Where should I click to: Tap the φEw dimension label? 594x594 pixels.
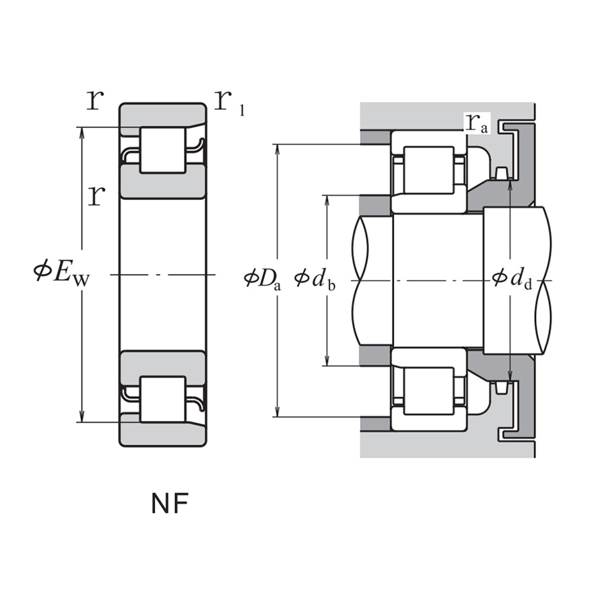[61, 274]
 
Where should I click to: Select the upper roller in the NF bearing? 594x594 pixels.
[162, 150]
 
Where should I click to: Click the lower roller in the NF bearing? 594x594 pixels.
[162, 399]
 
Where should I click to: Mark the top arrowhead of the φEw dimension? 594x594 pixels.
[83, 132]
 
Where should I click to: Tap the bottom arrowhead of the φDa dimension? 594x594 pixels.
[277, 411]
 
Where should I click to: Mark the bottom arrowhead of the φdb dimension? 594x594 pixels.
[327, 361]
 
